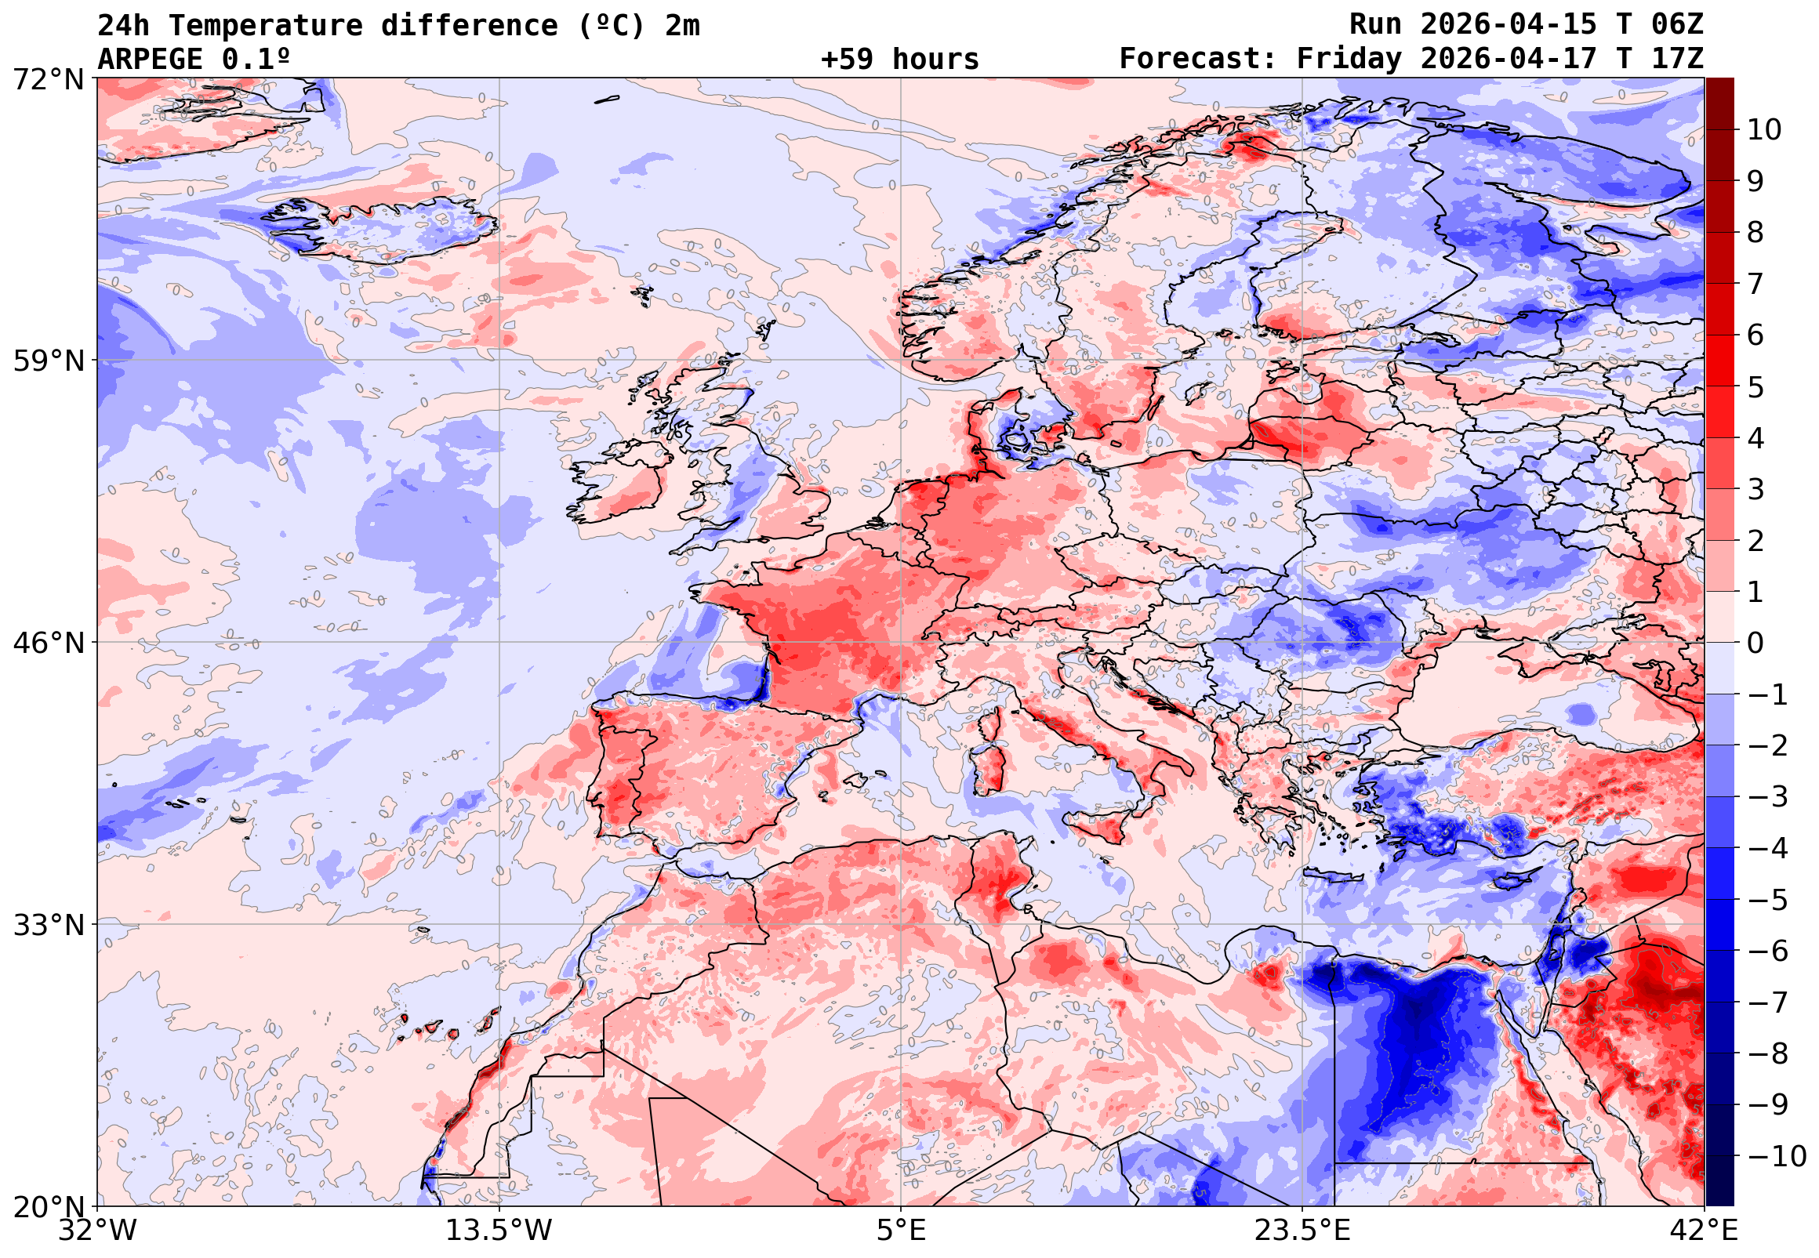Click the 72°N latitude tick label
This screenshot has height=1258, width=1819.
pos(48,79)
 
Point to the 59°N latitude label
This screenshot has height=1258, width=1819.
pos(48,361)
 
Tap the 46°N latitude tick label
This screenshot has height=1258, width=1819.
pos(48,644)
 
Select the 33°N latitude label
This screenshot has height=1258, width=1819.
pos(48,925)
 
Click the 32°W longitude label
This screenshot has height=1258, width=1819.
pos(98,1230)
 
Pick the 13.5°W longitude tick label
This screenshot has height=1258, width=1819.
pos(499,1230)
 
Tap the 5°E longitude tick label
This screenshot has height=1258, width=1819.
pos(901,1230)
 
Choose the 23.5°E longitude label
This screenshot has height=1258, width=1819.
pos(1302,1230)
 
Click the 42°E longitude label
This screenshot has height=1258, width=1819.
pos(1705,1230)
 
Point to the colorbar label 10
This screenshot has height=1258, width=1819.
pos(1764,130)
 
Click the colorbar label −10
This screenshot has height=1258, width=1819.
pos(1777,1156)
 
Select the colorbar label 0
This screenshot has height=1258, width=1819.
pos(1755,644)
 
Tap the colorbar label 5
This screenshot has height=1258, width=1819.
pos(1755,387)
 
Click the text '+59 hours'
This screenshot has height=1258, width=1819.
pos(899,59)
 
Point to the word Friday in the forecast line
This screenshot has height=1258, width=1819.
pos(1349,59)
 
